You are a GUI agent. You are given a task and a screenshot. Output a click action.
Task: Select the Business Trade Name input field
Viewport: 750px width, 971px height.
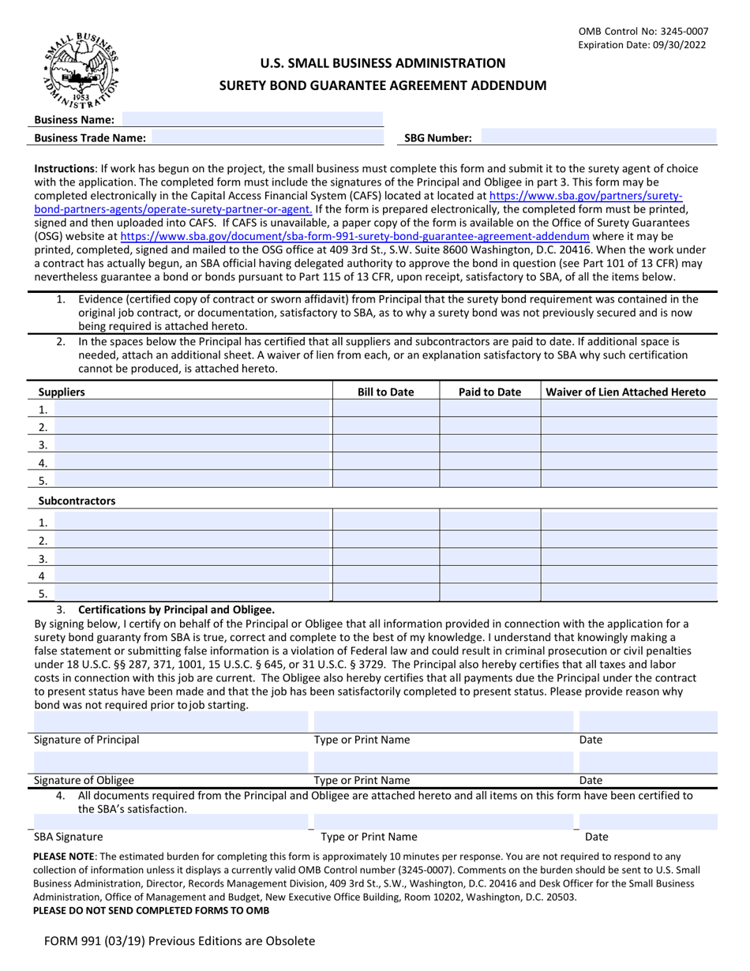266,137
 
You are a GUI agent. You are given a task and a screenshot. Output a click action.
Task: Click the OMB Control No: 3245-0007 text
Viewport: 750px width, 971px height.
643,32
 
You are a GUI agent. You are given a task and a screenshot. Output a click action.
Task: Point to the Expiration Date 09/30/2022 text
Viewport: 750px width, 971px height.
643,45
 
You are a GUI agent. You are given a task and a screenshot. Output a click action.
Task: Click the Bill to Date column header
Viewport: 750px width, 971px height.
385,392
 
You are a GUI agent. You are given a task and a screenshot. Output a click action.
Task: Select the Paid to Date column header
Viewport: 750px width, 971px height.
489,392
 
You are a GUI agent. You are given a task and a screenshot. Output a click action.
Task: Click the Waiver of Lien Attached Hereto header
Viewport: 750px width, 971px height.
626,392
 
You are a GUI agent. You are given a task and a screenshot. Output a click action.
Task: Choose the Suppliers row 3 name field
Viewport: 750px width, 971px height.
191,444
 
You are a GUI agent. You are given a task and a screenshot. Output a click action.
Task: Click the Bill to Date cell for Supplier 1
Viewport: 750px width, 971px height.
385,409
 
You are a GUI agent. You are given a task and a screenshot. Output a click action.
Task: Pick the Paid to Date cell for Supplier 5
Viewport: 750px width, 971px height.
489,479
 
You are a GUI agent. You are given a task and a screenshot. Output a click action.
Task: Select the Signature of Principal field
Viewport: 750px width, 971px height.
170,722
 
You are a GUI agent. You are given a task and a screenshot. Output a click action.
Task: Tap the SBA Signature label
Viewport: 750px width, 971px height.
68,837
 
